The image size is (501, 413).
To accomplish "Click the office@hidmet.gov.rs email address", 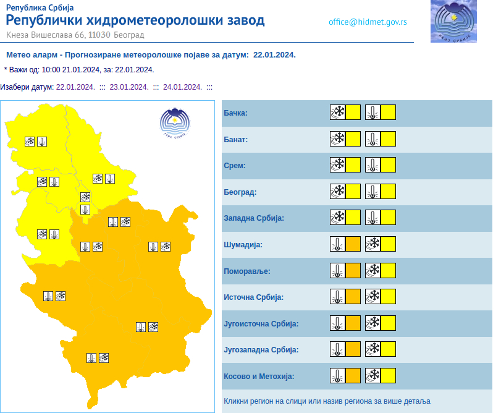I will pos(368,22).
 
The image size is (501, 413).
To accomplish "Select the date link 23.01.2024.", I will pos(128,87).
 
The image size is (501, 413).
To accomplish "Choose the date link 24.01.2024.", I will pos(182,87).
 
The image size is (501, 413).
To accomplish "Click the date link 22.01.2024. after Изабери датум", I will pos(75,87).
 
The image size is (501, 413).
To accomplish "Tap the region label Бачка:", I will pos(235,113).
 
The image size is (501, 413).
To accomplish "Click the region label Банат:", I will pos(235,140).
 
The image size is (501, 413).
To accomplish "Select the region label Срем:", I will pos(234,166).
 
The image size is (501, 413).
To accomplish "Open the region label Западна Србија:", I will pos(253,218).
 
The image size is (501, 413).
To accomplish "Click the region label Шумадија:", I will pos(243,245).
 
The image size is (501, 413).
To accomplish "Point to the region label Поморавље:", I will pos(246,271).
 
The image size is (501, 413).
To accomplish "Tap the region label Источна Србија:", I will pos(253,297).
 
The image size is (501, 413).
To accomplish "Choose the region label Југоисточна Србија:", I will pos(261,323).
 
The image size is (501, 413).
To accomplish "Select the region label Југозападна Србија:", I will pos(261,350).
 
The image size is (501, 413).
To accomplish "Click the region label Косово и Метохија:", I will pos(259,376).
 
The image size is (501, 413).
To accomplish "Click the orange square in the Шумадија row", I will pos(353,244).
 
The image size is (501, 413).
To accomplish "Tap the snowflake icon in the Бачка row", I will pos(337,113).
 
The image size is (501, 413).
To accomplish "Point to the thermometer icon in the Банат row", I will pos(373,139).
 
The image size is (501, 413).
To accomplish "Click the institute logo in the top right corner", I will pos(453,22).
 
